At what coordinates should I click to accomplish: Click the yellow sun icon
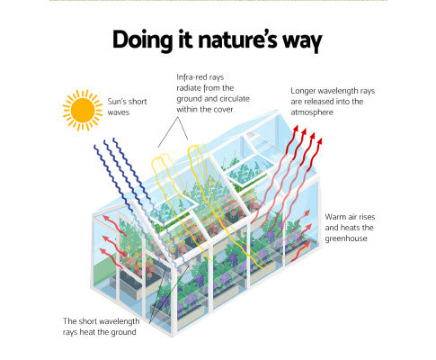tap(83, 110)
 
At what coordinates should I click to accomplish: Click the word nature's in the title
tap(237, 40)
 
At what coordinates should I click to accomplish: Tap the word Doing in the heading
tap(143, 40)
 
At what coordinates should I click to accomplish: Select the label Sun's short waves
tap(127, 107)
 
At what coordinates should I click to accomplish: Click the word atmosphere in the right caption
tap(312, 112)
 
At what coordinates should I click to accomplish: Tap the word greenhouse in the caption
tap(346, 238)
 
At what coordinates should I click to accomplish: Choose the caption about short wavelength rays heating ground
tap(101, 327)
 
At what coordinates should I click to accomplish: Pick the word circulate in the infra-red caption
tap(235, 99)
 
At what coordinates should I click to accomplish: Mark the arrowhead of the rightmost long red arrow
tap(320, 141)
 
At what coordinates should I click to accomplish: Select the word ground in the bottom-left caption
tap(124, 332)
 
